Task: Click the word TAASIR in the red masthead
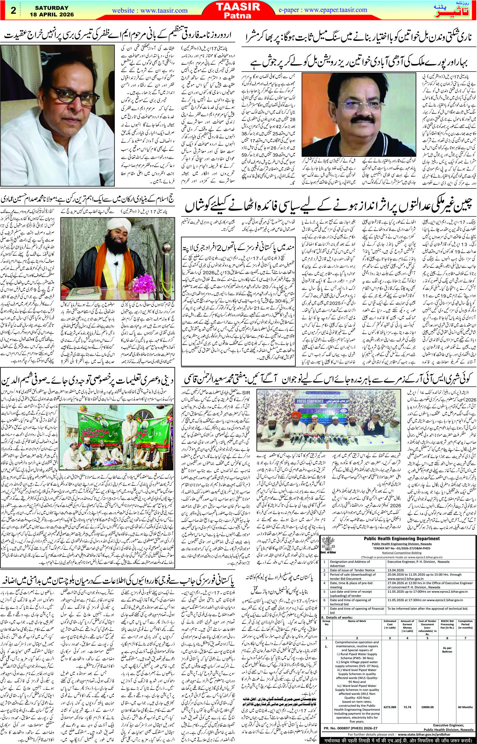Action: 239,7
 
